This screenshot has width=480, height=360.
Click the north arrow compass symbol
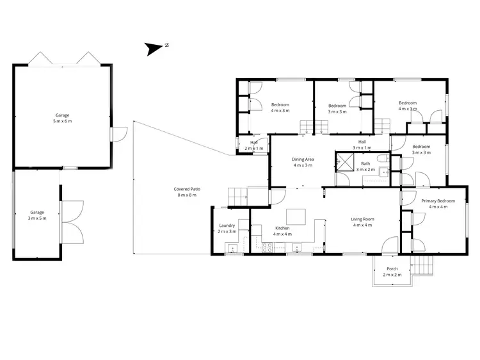pos(154,48)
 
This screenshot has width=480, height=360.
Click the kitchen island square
pos(295,215)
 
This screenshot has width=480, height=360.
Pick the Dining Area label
pos(303,162)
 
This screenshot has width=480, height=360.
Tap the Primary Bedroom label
pos(438,204)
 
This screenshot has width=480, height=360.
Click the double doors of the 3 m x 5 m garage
pos(72,221)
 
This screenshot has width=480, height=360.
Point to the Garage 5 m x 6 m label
pos(62,118)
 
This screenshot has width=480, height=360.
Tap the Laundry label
pos(227,228)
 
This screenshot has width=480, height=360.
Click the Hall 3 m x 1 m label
pos(362,145)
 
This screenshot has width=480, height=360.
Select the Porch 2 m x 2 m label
pos(392,272)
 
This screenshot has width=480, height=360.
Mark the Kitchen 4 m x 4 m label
pos(282,231)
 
